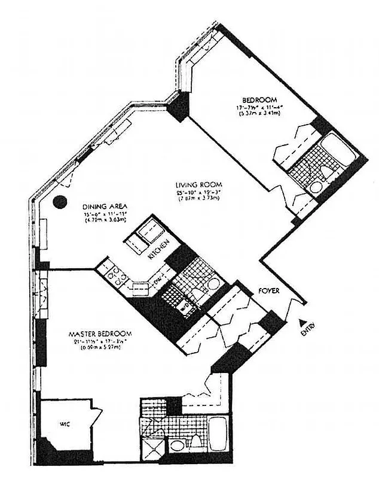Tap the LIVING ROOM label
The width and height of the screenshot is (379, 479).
(x=200, y=184)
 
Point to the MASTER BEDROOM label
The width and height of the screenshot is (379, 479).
(x=100, y=334)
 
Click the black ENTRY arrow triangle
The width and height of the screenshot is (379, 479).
(x=302, y=321)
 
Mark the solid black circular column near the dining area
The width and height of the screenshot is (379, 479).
(x=60, y=202)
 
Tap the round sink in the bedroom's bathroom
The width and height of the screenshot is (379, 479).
(x=315, y=187)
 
